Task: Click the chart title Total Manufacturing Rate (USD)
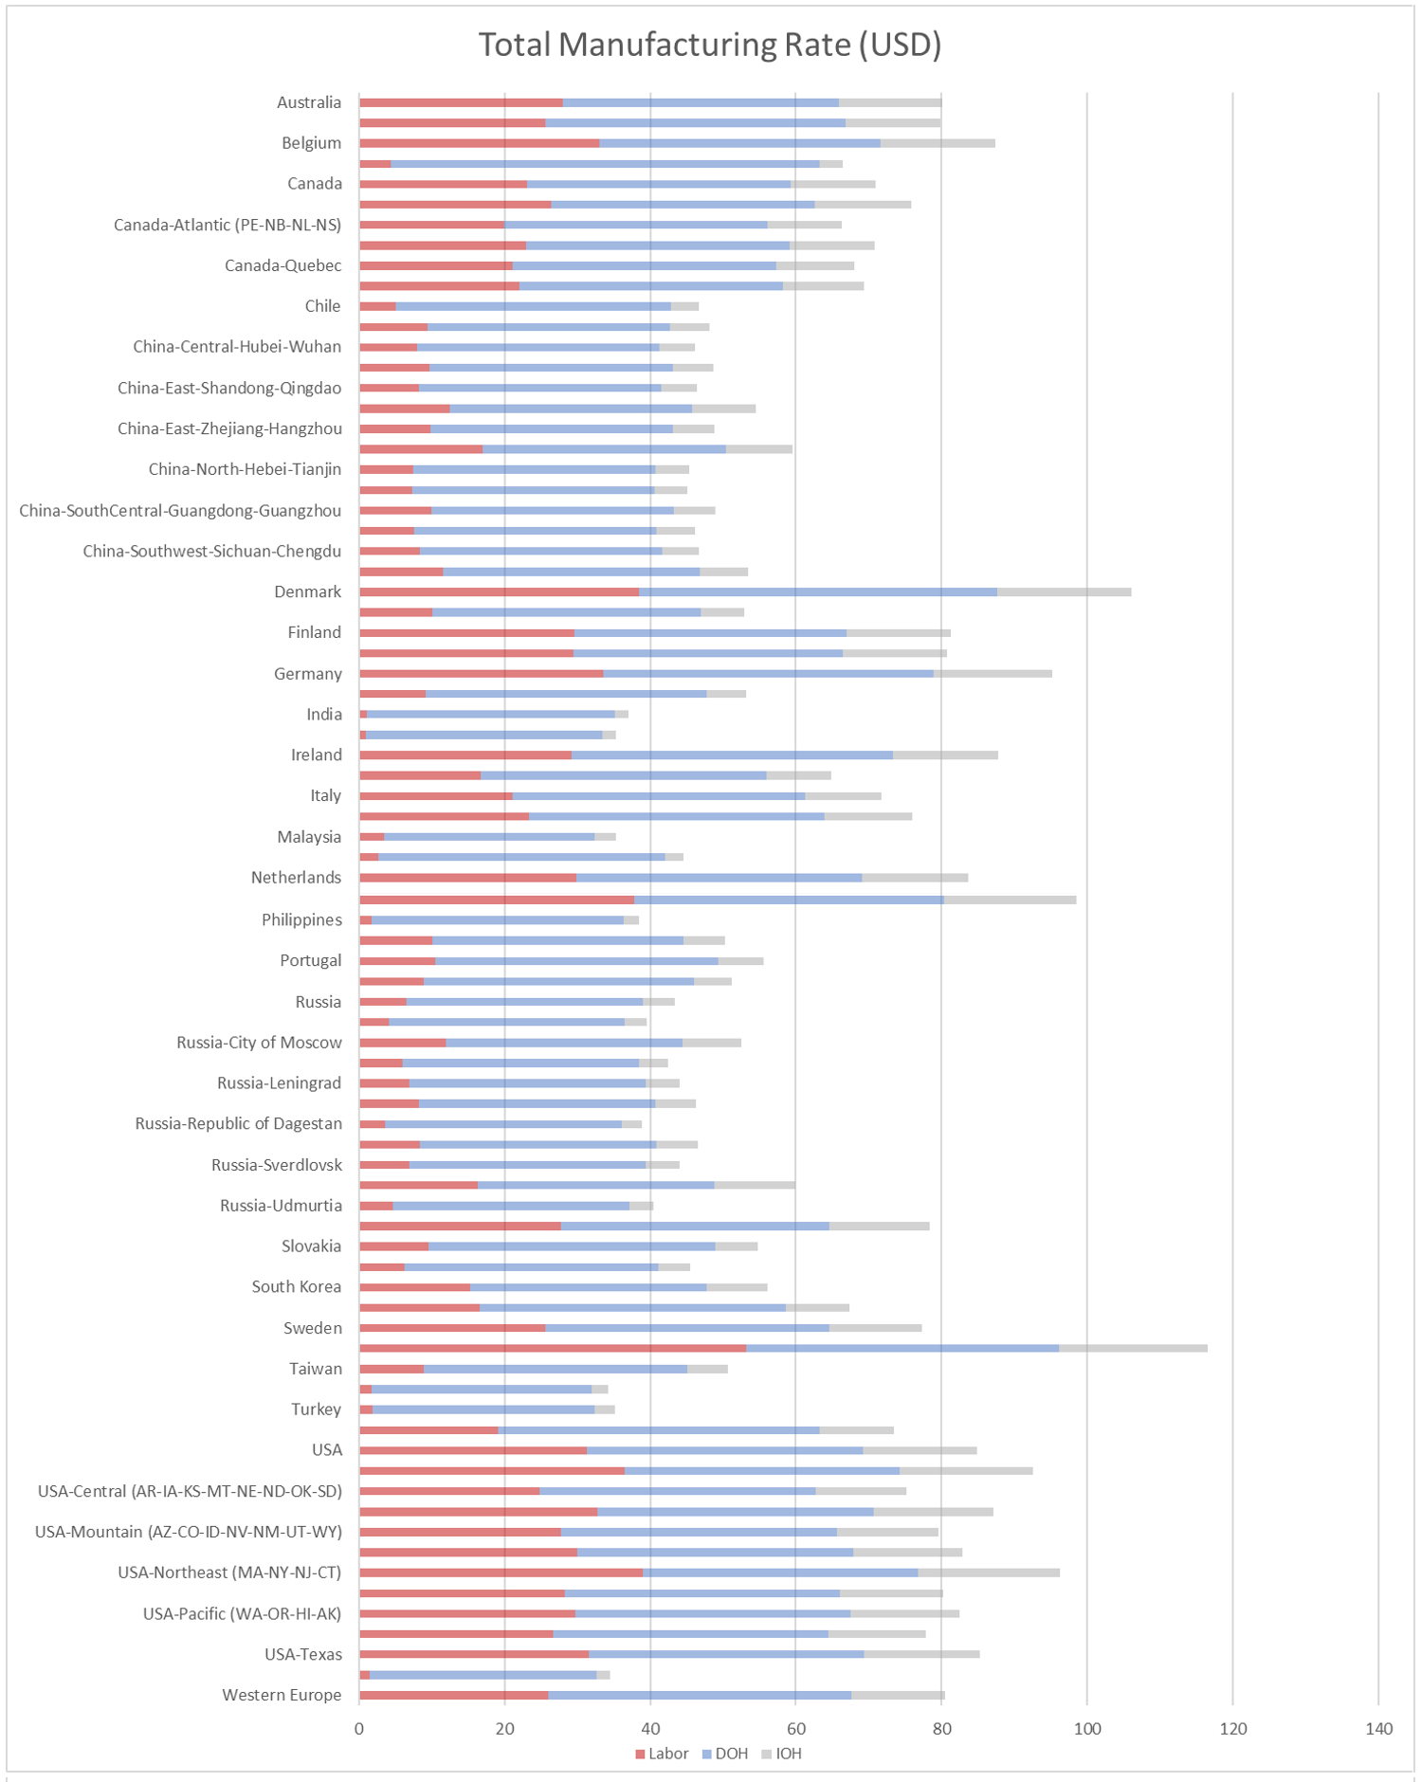tap(710, 45)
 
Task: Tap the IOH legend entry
tap(782, 1754)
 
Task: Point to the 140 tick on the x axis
tap(1379, 1729)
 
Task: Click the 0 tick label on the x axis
tap(359, 1729)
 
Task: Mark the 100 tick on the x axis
tap(1087, 1729)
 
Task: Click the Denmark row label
tap(307, 592)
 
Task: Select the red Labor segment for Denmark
tap(499, 592)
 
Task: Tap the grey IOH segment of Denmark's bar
tap(1064, 592)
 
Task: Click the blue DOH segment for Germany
tap(769, 674)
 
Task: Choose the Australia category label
tap(309, 102)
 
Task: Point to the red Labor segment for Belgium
tap(480, 143)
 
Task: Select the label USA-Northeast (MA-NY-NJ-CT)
tap(229, 1573)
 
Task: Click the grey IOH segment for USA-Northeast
tap(989, 1573)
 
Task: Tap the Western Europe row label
tap(282, 1695)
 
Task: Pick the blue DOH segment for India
tap(491, 715)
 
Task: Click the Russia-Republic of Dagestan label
tap(239, 1123)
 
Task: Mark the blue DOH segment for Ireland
tap(733, 755)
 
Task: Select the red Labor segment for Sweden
tap(452, 1328)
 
